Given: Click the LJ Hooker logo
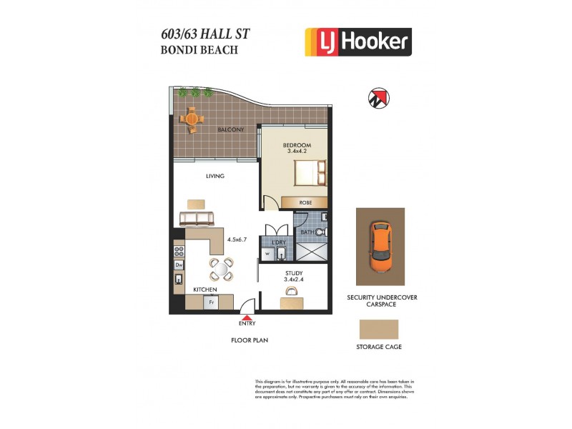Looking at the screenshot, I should click(x=358, y=41).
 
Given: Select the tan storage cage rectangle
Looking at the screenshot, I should click(x=378, y=328).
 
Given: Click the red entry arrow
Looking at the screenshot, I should click(x=247, y=318).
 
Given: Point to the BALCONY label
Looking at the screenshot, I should click(x=231, y=130).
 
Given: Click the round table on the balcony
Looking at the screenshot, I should click(x=191, y=119).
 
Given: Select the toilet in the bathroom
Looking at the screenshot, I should click(x=322, y=232).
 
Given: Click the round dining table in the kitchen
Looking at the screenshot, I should click(x=221, y=270).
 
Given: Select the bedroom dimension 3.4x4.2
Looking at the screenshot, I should click(x=297, y=152).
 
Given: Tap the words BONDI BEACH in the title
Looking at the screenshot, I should click(x=199, y=50).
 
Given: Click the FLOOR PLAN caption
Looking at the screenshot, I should click(x=250, y=340).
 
